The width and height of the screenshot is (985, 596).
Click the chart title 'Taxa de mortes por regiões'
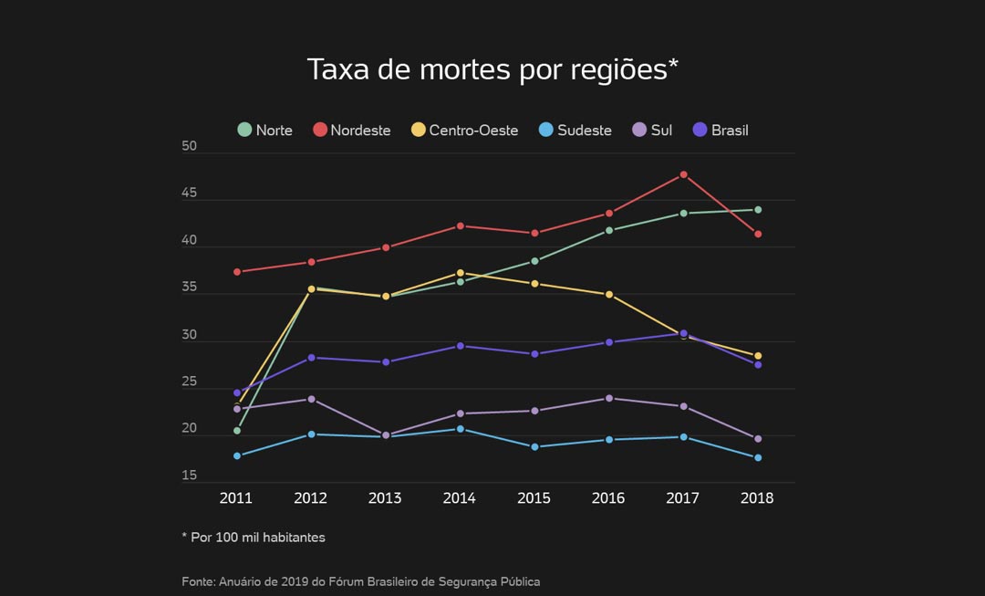493,69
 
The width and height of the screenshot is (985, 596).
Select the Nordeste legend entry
351,131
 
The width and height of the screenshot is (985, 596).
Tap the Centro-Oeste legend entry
464,131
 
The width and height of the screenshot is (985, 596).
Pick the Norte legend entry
264,131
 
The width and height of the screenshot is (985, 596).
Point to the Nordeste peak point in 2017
683,174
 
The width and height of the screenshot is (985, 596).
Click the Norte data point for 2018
758,210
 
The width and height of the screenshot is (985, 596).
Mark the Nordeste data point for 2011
237,272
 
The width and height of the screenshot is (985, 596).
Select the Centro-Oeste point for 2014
460,273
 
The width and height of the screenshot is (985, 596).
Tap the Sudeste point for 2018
758,458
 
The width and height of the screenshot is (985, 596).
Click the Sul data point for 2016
608,398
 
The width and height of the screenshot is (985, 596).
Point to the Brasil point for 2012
311,358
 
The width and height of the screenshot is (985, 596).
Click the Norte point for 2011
237,431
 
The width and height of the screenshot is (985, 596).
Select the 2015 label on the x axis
534,498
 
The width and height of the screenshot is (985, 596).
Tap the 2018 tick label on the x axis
757,498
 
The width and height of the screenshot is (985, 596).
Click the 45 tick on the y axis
190,193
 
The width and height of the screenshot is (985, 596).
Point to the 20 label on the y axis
190,428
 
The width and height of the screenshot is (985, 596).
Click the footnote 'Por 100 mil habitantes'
254,538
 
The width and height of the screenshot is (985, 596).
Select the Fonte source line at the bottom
360,581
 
